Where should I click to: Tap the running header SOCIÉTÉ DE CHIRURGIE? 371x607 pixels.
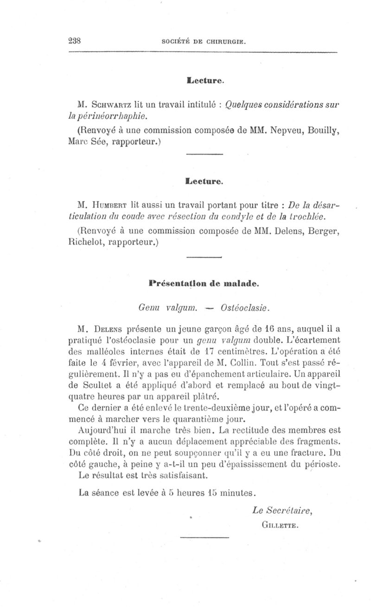(204, 41)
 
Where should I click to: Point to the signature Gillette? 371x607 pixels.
(279, 525)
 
